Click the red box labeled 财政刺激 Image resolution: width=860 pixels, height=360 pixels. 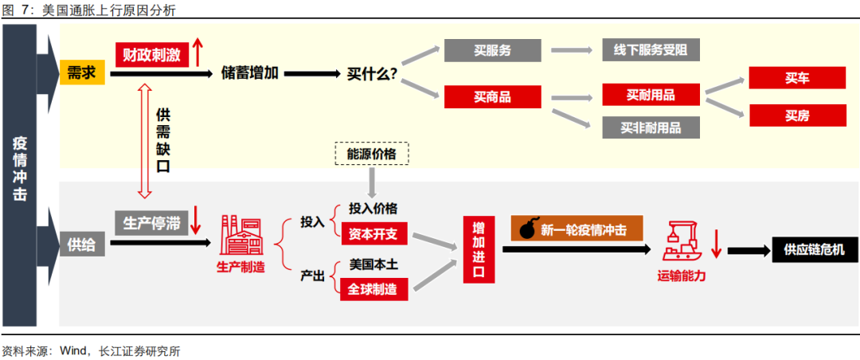149,55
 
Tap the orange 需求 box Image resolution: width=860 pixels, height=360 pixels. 82,73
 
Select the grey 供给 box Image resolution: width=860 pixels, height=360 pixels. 82,245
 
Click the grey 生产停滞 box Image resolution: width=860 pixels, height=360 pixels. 150,224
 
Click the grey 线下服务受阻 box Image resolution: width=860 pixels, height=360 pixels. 651,50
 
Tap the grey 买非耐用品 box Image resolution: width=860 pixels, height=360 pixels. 651,127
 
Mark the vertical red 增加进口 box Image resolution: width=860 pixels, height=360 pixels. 479,249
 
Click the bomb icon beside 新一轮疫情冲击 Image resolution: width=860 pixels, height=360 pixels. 527,230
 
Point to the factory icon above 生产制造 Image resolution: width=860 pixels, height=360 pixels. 240,236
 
